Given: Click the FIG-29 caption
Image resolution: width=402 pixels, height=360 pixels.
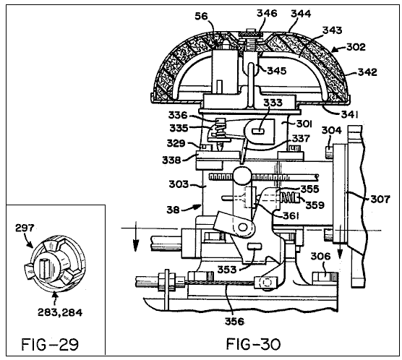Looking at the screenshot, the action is pos(50,344).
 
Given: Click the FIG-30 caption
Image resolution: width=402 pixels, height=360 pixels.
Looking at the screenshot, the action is pos(253,344).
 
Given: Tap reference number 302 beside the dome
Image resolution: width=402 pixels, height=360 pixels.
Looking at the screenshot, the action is pos(356,47).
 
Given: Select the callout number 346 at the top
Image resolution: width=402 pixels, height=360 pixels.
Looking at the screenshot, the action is pos(267,13).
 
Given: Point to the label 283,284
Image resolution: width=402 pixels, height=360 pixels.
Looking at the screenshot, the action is pos(60,312).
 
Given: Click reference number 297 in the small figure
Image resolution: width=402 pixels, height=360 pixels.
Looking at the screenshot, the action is pos(25,228).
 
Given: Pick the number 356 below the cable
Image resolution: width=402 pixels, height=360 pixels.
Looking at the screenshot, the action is pos(234,321).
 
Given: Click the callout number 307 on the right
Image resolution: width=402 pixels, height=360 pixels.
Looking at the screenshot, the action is pos(380,199).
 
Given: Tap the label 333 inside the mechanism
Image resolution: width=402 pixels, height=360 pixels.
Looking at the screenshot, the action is pos(273,103).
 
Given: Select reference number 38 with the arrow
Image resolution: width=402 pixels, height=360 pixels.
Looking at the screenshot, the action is pos(173,210).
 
